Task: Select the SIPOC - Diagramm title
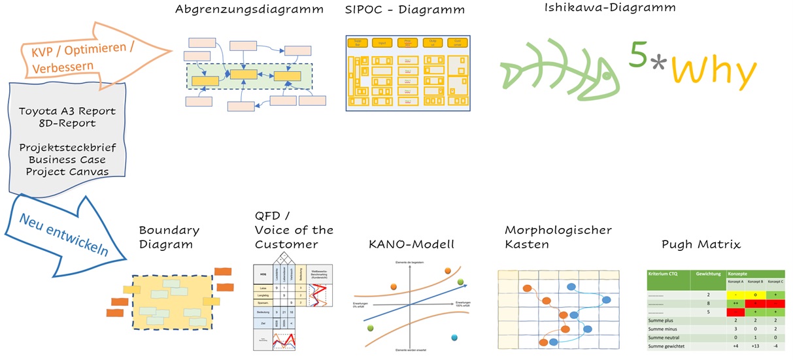(x=405, y=10)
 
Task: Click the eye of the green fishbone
(x=606, y=76)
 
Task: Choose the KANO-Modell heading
(x=411, y=244)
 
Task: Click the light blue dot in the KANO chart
(x=454, y=338)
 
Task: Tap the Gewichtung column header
(x=708, y=274)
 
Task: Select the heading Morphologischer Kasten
(x=558, y=237)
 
